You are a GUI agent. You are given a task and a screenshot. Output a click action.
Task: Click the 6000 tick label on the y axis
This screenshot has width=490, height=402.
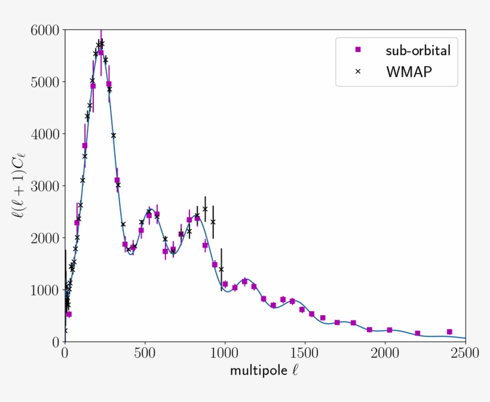(45, 30)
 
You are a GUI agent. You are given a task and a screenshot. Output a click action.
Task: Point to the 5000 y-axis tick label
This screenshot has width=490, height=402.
(45, 82)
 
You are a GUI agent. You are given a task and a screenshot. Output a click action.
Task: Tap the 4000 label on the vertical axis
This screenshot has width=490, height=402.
(45, 134)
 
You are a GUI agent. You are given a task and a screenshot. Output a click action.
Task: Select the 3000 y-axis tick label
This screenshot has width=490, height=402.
(45, 186)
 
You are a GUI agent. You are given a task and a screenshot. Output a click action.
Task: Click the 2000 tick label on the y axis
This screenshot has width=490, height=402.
(45, 238)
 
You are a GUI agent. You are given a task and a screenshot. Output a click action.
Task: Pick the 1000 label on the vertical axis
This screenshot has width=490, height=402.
(45, 290)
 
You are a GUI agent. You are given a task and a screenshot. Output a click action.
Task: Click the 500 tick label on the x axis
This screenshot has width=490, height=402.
(145, 354)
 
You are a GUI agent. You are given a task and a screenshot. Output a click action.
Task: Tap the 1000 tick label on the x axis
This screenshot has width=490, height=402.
(225, 354)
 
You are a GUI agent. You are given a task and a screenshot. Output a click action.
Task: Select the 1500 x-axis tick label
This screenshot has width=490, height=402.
(305, 354)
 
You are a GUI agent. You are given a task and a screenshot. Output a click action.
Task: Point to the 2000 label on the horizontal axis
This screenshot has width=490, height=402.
(385, 354)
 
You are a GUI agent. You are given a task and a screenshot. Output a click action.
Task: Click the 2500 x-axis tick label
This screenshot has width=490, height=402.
(465, 354)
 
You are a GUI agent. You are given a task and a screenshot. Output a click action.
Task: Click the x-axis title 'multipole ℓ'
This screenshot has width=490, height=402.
(264, 371)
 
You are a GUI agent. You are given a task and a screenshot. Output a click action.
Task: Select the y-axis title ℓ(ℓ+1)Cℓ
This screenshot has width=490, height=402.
(21, 185)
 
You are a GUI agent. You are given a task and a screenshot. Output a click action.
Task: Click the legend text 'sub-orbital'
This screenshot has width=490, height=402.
(418, 50)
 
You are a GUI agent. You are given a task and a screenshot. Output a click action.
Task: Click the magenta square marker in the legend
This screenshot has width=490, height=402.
(359, 50)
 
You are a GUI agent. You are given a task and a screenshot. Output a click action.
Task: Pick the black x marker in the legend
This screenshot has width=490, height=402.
(359, 71)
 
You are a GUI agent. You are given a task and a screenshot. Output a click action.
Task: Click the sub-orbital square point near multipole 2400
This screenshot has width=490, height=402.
(449, 332)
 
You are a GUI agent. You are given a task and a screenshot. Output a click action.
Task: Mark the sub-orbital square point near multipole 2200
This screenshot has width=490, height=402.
(417, 333)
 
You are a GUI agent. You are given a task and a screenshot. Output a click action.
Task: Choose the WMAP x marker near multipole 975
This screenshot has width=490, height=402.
(221, 269)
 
